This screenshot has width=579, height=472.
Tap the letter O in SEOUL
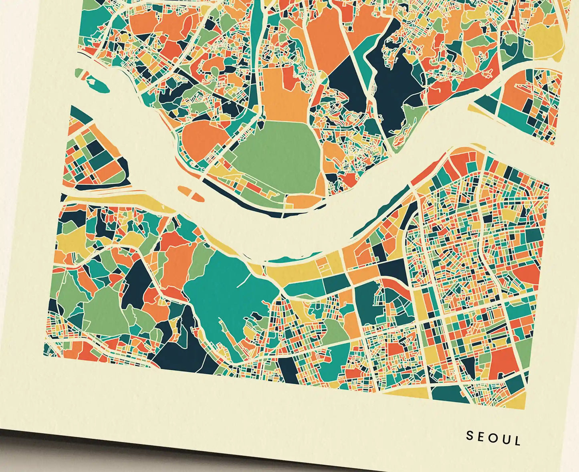click(x=494, y=438)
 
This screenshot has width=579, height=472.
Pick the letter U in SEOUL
click(x=506, y=440)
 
